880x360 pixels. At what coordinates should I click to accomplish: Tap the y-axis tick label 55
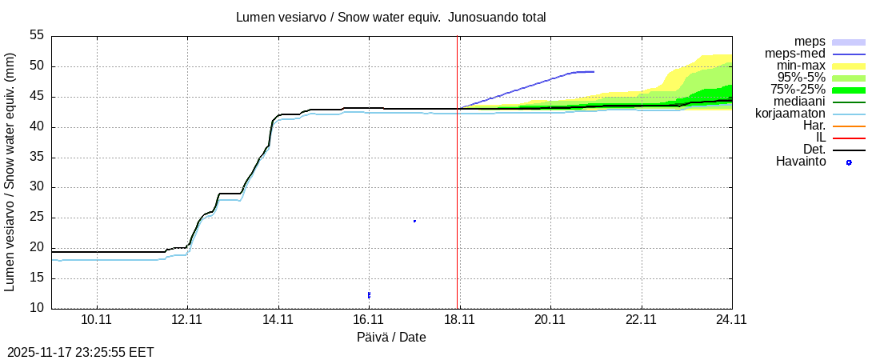tap(37, 36)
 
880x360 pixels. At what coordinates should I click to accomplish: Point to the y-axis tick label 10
tap(37, 308)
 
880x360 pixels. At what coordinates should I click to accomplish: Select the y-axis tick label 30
tap(37, 187)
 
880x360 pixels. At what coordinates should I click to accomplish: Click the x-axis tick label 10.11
tap(96, 319)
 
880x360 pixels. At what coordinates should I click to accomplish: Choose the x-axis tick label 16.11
tap(369, 319)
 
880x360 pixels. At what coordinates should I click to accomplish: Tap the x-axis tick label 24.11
tap(732, 319)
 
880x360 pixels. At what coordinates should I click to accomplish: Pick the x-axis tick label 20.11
tap(550, 319)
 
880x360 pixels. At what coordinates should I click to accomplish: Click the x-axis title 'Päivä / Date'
tap(391, 338)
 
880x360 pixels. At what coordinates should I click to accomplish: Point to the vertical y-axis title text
tap(11, 171)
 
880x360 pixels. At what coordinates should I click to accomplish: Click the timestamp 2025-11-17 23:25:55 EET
tap(81, 352)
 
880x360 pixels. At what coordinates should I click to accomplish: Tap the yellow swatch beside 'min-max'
tap(849, 66)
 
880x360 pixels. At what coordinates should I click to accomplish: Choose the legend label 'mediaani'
tap(798, 102)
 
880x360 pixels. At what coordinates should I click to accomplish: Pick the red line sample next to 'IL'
tap(849, 138)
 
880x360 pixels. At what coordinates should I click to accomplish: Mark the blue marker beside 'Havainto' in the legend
tap(849, 162)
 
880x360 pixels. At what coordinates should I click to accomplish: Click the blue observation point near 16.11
tap(369, 295)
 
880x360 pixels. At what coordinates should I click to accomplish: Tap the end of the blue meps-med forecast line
tap(594, 72)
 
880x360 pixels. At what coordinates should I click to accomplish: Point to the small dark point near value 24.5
tap(414, 221)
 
